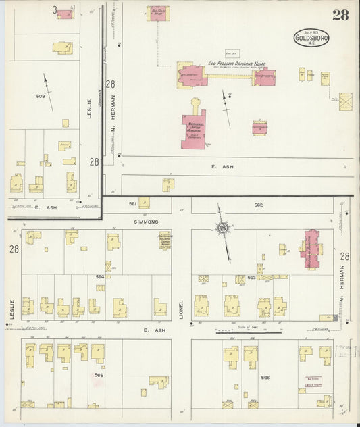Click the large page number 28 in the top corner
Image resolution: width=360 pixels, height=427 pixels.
340,15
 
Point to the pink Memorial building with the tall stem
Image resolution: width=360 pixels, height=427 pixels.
194,128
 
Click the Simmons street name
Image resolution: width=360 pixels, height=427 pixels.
146,221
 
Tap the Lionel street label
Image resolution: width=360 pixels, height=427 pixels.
181,309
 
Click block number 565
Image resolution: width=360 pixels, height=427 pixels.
99,374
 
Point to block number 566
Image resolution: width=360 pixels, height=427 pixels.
265,377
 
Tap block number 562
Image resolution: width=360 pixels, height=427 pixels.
258,205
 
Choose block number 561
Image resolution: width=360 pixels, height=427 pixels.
132,203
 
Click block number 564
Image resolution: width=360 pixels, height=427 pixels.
99,276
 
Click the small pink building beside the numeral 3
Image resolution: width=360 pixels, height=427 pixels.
65,13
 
